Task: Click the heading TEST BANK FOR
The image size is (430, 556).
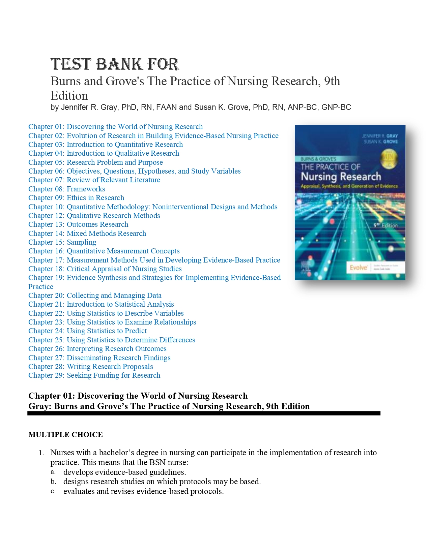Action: tap(115, 64)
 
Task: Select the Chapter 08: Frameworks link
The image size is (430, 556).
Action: tap(66, 189)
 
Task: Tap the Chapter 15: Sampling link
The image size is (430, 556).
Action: tap(62, 242)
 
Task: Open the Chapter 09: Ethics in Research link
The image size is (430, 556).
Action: tap(76, 198)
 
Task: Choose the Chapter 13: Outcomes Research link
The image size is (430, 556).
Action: tap(78, 224)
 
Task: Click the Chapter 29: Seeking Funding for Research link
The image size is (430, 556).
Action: tap(94, 375)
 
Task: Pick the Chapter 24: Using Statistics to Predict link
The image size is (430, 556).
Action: tap(87, 331)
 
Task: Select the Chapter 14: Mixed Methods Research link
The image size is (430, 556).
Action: tap(87, 234)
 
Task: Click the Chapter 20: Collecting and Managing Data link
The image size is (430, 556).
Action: tap(95, 296)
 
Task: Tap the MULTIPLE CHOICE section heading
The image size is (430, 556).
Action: tap(65, 435)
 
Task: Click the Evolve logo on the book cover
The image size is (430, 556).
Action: tap(359, 268)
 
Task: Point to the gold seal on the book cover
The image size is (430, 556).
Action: tap(389, 159)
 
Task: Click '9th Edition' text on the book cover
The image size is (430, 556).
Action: tap(385, 225)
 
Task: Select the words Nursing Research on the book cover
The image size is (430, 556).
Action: tap(341, 177)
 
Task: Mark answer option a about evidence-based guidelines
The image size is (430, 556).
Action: tap(124, 472)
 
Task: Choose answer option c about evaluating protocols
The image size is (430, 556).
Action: tap(143, 491)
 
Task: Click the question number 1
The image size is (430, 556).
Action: tap(41, 453)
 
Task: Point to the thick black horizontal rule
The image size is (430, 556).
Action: tap(204, 413)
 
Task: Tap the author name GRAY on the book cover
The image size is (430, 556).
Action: tap(392, 136)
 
